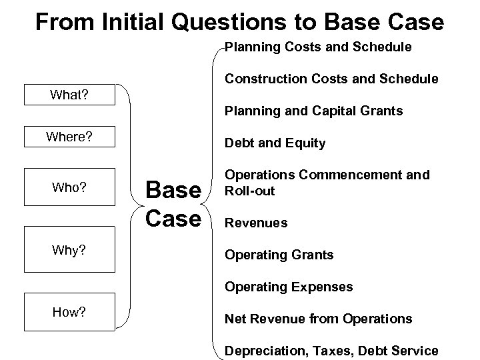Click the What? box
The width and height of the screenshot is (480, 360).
pos(69,95)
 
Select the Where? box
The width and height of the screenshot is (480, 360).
pos(69,137)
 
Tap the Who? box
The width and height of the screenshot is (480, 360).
pos(69,187)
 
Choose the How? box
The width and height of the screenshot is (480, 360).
pos(69,312)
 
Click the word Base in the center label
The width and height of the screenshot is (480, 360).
pos(173,190)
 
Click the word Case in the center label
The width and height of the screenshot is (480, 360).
pos(173,218)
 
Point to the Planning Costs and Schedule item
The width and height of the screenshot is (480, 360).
pos(318,47)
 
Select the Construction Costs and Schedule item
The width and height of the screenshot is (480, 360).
pos(331,79)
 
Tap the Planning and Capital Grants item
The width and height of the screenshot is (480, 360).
pos(313,111)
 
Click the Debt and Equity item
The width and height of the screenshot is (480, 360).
pos(275,143)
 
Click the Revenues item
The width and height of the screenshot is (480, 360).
pos(256,223)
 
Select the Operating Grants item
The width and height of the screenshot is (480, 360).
pos(279,255)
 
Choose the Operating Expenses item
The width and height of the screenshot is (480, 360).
pos(288,287)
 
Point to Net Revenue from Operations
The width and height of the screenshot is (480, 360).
pos(318,319)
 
